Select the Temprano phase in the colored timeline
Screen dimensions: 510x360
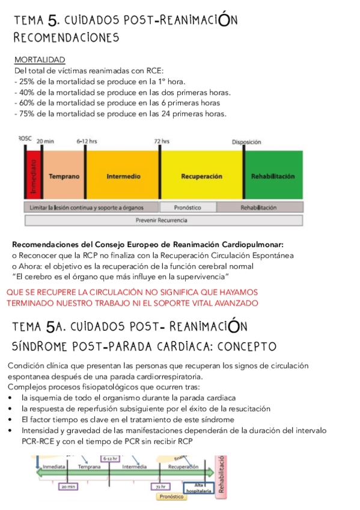click(64, 177)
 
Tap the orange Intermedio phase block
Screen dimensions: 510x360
click(123, 177)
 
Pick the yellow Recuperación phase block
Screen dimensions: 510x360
click(201, 177)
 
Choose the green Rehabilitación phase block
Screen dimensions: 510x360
click(273, 177)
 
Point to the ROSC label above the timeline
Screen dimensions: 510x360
click(25, 138)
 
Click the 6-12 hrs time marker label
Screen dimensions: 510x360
click(87, 141)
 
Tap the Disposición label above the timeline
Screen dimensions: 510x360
click(246, 142)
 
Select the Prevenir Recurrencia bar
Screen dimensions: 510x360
click(162, 220)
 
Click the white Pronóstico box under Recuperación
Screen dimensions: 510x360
click(187, 207)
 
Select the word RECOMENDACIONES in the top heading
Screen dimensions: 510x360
click(66, 37)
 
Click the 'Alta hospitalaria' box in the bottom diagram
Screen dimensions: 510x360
click(201, 488)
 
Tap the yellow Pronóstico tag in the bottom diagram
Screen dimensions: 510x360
click(172, 497)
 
